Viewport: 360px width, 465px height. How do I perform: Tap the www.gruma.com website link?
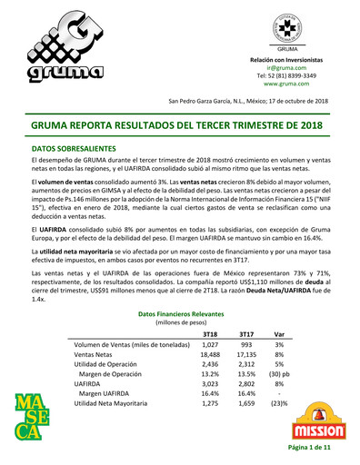click(x=292, y=84)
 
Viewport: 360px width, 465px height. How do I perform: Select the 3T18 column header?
click(x=210, y=335)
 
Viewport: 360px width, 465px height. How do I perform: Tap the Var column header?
click(x=279, y=335)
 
